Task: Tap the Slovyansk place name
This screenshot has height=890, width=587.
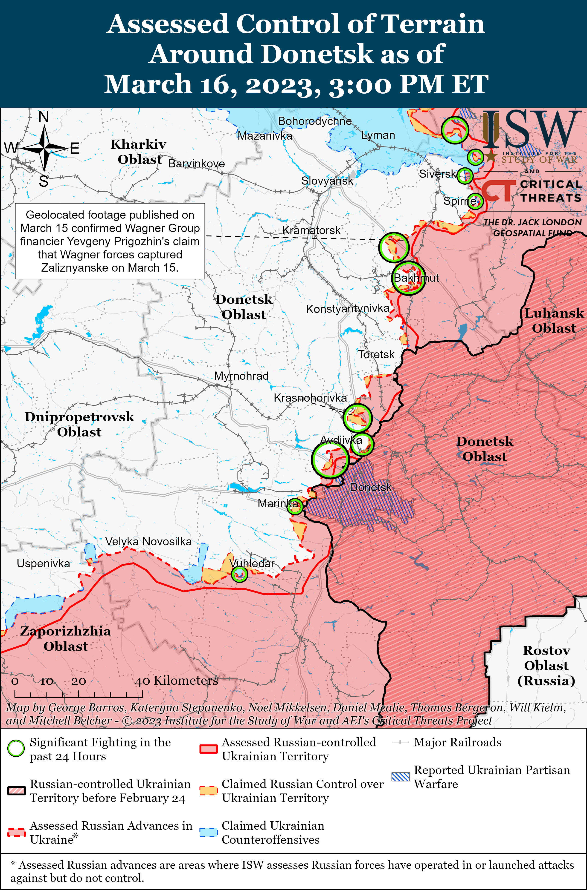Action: pyautogui.click(x=327, y=181)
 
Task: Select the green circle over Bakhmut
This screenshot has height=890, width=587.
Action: pyautogui.click(x=408, y=278)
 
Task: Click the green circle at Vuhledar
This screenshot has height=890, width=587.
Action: pyautogui.click(x=239, y=574)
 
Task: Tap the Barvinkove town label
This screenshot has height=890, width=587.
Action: pyautogui.click(x=197, y=164)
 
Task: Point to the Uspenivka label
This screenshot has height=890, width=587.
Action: pyautogui.click(x=44, y=563)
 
